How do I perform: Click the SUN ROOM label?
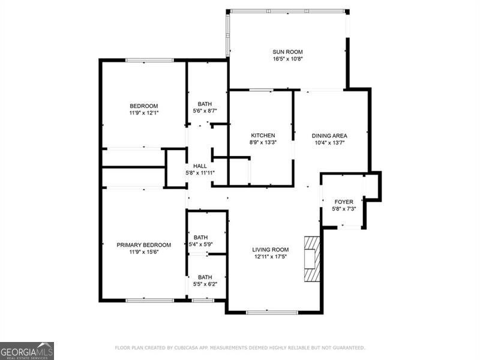(287, 52)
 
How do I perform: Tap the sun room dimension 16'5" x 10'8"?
(287, 59)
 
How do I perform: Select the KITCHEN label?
(263, 136)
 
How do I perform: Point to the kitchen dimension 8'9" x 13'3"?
(263, 143)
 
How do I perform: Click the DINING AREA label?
(329, 136)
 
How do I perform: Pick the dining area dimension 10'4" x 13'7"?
(329, 143)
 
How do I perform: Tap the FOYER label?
(344, 202)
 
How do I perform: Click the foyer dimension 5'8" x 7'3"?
(344, 209)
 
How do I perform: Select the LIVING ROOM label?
(270, 250)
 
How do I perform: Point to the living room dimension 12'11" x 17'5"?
(270, 257)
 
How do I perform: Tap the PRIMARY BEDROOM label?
(143, 245)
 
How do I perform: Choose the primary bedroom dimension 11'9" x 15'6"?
(143, 253)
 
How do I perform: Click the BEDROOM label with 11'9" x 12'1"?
(143, 106)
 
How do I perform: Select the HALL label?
(200, 166)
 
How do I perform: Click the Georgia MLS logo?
(27, 350)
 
